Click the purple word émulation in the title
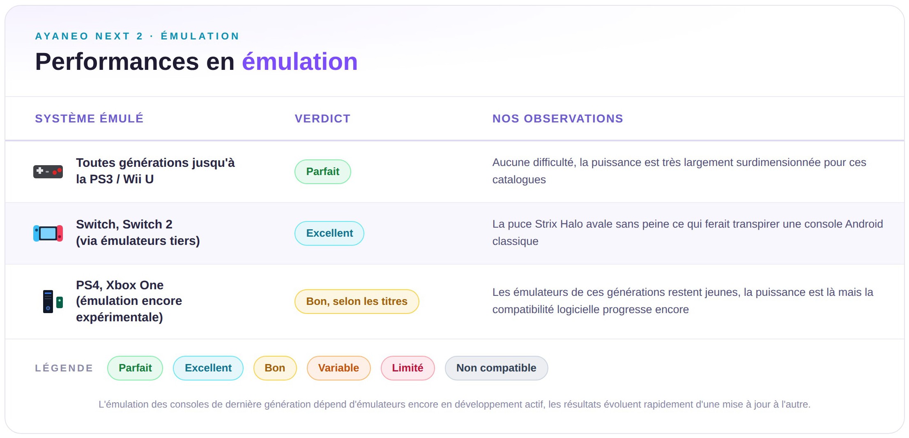click(300, 62)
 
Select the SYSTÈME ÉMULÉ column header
click(89, 118)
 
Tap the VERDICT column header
click(322, 119)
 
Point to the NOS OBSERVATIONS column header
click(558, 119)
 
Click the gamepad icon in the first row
click(48, 171)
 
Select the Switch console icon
click(48, 233)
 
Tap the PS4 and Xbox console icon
click(53, 302)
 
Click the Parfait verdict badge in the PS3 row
click(323, 172)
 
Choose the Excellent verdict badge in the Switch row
click(329, 233)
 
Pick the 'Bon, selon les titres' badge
click(357, 302)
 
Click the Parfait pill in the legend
click(135, 368)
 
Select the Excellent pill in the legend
click(208, 368)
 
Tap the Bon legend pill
click(275, 368)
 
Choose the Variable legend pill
click(338, 368)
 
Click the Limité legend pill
click(407, 368)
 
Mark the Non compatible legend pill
click(496, 368)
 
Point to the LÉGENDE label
click(64, 368)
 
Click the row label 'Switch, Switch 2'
click(124, 224)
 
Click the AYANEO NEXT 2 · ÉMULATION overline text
click(137, 36)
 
